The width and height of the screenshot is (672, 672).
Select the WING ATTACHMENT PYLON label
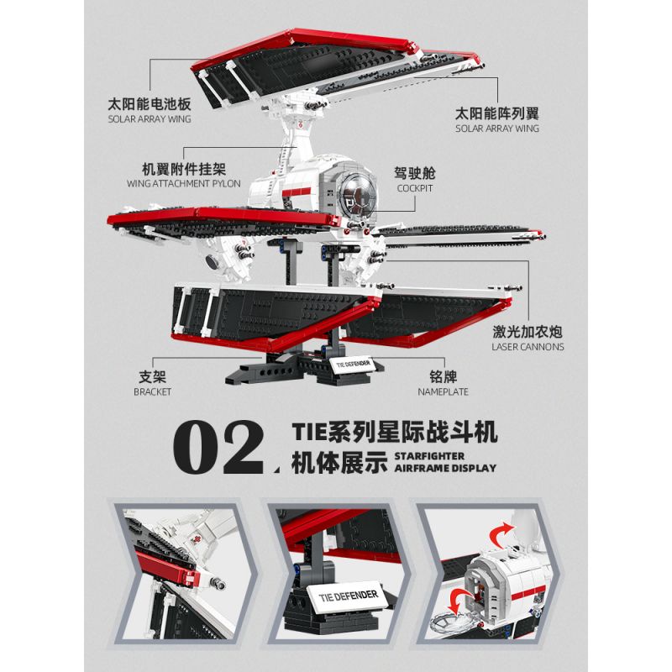click(184, 182)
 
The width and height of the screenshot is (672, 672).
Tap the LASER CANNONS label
click(528, 346)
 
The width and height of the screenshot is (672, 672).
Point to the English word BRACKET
click(153, 391)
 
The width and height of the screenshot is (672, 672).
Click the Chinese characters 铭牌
click(440, 377)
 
